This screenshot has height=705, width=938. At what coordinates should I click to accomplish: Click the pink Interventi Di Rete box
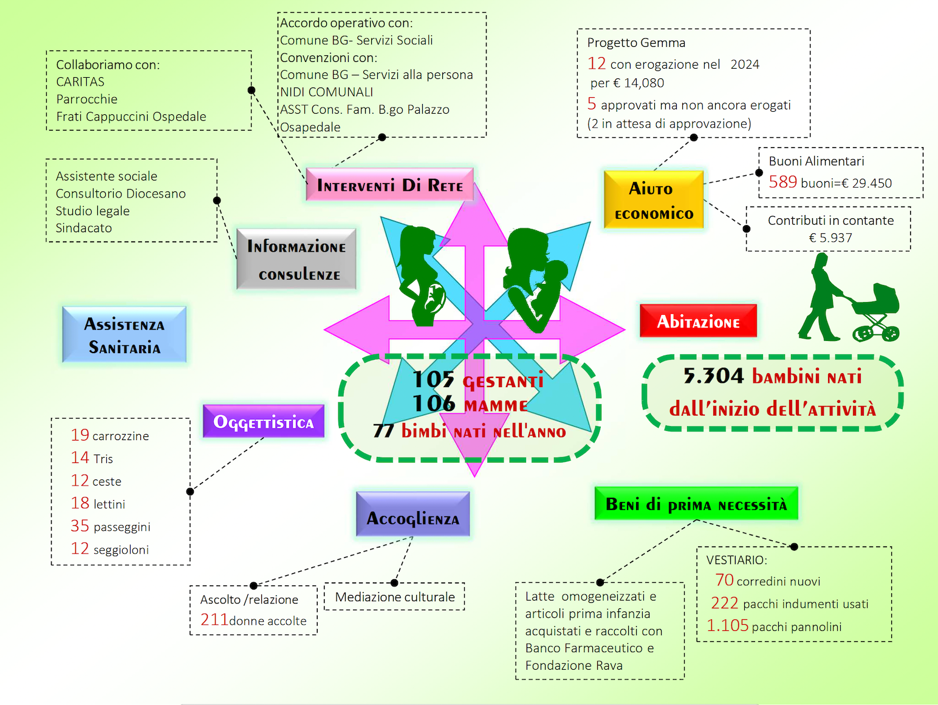pos(389,185)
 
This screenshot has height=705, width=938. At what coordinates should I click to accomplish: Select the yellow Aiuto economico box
pos(654,200)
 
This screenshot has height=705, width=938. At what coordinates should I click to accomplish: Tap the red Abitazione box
pos(698,321)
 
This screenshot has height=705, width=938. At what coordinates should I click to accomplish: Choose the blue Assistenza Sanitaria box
pos(125,334)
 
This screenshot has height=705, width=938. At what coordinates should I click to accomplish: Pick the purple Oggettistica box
pos(264,421)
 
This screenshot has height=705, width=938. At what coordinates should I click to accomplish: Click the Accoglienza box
pos(413,514)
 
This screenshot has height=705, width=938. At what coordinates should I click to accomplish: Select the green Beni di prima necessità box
pos(696,504)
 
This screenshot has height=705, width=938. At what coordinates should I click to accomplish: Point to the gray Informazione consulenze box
pos(296,259)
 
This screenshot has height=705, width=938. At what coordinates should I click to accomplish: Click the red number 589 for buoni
pos(783,182)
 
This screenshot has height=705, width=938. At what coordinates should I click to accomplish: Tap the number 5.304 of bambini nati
pos(713,376)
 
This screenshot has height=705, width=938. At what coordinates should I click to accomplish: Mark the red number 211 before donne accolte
pos(214,619)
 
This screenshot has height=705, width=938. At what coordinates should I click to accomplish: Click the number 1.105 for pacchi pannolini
pos(727,625)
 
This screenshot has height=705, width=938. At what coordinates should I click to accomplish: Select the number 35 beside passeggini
pos(80,526)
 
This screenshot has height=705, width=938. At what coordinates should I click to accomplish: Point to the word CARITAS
pos(80,81)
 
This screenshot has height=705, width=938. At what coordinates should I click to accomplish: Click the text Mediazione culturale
pos(395,597)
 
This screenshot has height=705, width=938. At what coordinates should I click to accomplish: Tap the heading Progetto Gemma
pos(636,43)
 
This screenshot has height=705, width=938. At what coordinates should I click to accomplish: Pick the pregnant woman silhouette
pos(421,276)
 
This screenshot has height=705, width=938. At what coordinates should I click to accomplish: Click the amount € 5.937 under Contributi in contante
pos(830,238)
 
